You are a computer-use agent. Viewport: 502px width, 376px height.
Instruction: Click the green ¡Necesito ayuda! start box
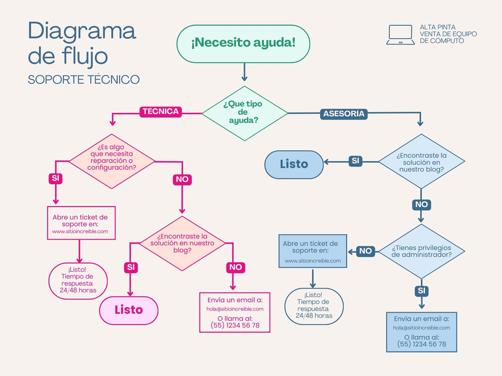click(243, 44)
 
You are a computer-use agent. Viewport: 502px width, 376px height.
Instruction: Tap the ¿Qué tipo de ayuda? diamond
click(244, 113)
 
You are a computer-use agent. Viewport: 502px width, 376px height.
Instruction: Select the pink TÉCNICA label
click(161, 112)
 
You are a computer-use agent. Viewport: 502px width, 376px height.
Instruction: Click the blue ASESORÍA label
click(344, 114)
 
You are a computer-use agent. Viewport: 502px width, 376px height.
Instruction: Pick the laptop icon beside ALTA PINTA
click(400, 35)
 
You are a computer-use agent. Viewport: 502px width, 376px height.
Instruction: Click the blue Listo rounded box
click(294, 164)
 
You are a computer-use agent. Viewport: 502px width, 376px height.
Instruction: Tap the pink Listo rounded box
click(129, 310)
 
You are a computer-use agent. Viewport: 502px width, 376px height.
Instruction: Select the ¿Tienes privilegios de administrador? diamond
click(421, 251)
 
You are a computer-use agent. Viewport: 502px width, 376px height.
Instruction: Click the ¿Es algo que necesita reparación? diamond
click(112, 161)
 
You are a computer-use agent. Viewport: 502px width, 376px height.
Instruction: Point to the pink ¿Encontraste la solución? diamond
click(182, 243)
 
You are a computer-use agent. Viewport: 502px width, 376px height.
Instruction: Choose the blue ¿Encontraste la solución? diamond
click(421, 162)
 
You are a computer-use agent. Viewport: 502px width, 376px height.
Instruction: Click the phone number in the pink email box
click(235, 326)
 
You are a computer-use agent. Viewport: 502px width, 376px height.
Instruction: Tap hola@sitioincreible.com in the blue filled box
click(421, 328)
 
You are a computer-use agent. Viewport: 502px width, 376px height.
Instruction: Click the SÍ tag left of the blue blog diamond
click(355, 161)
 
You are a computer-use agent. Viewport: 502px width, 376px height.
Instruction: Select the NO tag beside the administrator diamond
click(365, 251)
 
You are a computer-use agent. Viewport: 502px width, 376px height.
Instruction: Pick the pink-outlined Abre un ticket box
click(81, 223)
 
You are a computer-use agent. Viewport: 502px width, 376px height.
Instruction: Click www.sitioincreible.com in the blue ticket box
click(312, 261)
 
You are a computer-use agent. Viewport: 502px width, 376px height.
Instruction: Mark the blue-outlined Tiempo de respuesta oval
click(314, 306)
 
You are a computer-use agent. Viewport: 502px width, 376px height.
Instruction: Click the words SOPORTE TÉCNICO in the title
click(83, 80)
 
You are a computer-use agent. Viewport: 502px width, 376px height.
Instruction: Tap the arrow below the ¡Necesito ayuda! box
click(244, 73)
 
